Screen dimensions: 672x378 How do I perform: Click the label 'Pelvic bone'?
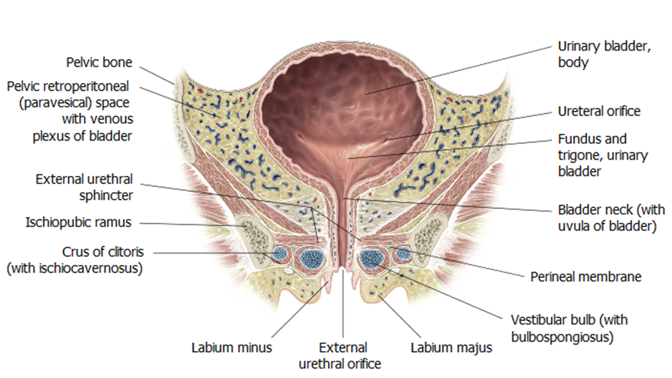(x=99, y=63)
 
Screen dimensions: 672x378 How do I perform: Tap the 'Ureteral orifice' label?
(x=599, y=111)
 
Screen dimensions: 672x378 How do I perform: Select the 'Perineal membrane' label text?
(x=586, y=277)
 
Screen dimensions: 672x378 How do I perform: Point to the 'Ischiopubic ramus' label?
(x=78, y=222)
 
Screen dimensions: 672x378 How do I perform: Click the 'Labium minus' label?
(x=231, y=348)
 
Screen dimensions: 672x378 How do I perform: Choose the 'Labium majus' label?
(x=451, y=348)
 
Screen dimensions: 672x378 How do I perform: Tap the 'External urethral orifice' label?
(x=341, y=356)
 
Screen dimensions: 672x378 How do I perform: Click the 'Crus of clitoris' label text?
(x=103, y=252)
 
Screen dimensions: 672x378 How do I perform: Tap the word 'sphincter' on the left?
(x=106, y=196)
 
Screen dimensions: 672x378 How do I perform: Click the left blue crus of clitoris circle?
(x=280, y=254)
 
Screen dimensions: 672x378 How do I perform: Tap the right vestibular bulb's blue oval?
(x=371, y=259)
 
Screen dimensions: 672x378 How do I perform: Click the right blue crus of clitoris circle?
(x=403, y=253)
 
